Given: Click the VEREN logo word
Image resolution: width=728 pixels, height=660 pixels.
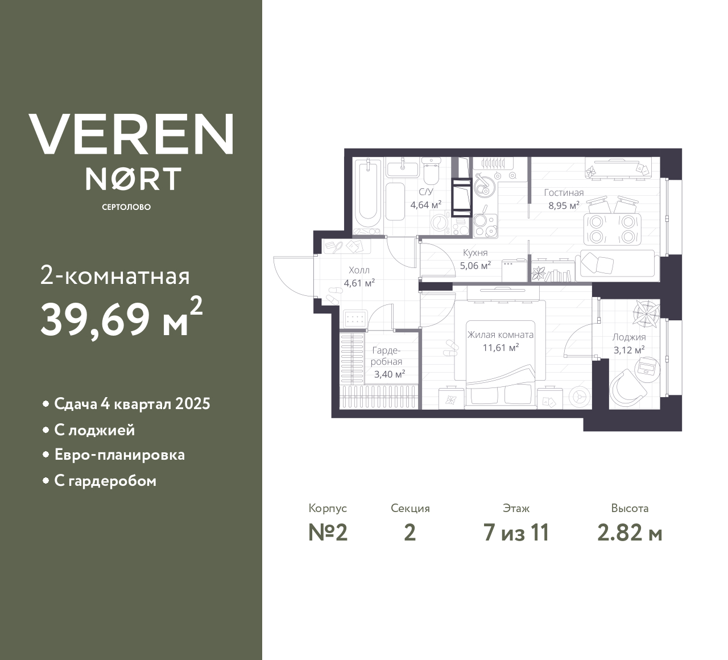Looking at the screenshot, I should pyautogui.click(x=131, y=134).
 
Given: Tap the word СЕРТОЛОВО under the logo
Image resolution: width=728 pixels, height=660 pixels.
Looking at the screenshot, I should pyautogui.click(x=126, y=207).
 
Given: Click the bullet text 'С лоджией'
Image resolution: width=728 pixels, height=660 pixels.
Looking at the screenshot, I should pyautogui.click(x=94, y=430).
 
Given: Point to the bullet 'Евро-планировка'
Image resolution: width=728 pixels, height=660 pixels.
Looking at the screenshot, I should pyautogui.click(x=119, y=455).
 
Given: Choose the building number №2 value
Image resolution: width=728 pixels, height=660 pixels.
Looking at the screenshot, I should pyautogui.click(x=328, y=533).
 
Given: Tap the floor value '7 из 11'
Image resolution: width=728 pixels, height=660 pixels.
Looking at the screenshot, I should pyautogui.click(x=516, y=533).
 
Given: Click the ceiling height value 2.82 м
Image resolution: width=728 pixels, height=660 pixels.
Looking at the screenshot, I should pyautogui.click(x=630, y=533).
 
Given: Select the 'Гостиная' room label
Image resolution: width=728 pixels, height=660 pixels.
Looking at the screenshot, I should pyautogui.click(x=564, y=193).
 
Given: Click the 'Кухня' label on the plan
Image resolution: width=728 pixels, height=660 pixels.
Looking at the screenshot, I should pyautogui.click(x=475, y=253).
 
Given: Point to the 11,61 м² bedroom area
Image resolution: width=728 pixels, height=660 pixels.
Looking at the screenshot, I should pyautogui.click(x=500, y=347).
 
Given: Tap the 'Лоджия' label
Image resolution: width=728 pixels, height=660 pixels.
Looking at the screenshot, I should pyautogui.click(x=629, y=337).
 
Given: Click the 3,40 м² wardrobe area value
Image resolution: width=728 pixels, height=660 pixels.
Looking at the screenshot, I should pyautogui.click(x=390, y=374).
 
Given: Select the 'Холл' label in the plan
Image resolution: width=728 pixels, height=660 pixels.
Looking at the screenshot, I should pyautogui.click(x=359, y=270).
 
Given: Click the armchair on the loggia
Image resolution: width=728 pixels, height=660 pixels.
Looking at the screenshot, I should pyautogui.click(x=627, y=388).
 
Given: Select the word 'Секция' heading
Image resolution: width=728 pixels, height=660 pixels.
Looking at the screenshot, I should pyautogui.click(x=410, y=508).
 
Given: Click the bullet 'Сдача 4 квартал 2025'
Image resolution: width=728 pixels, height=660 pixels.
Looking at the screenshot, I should pyautogui.click(x=132, y=404).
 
